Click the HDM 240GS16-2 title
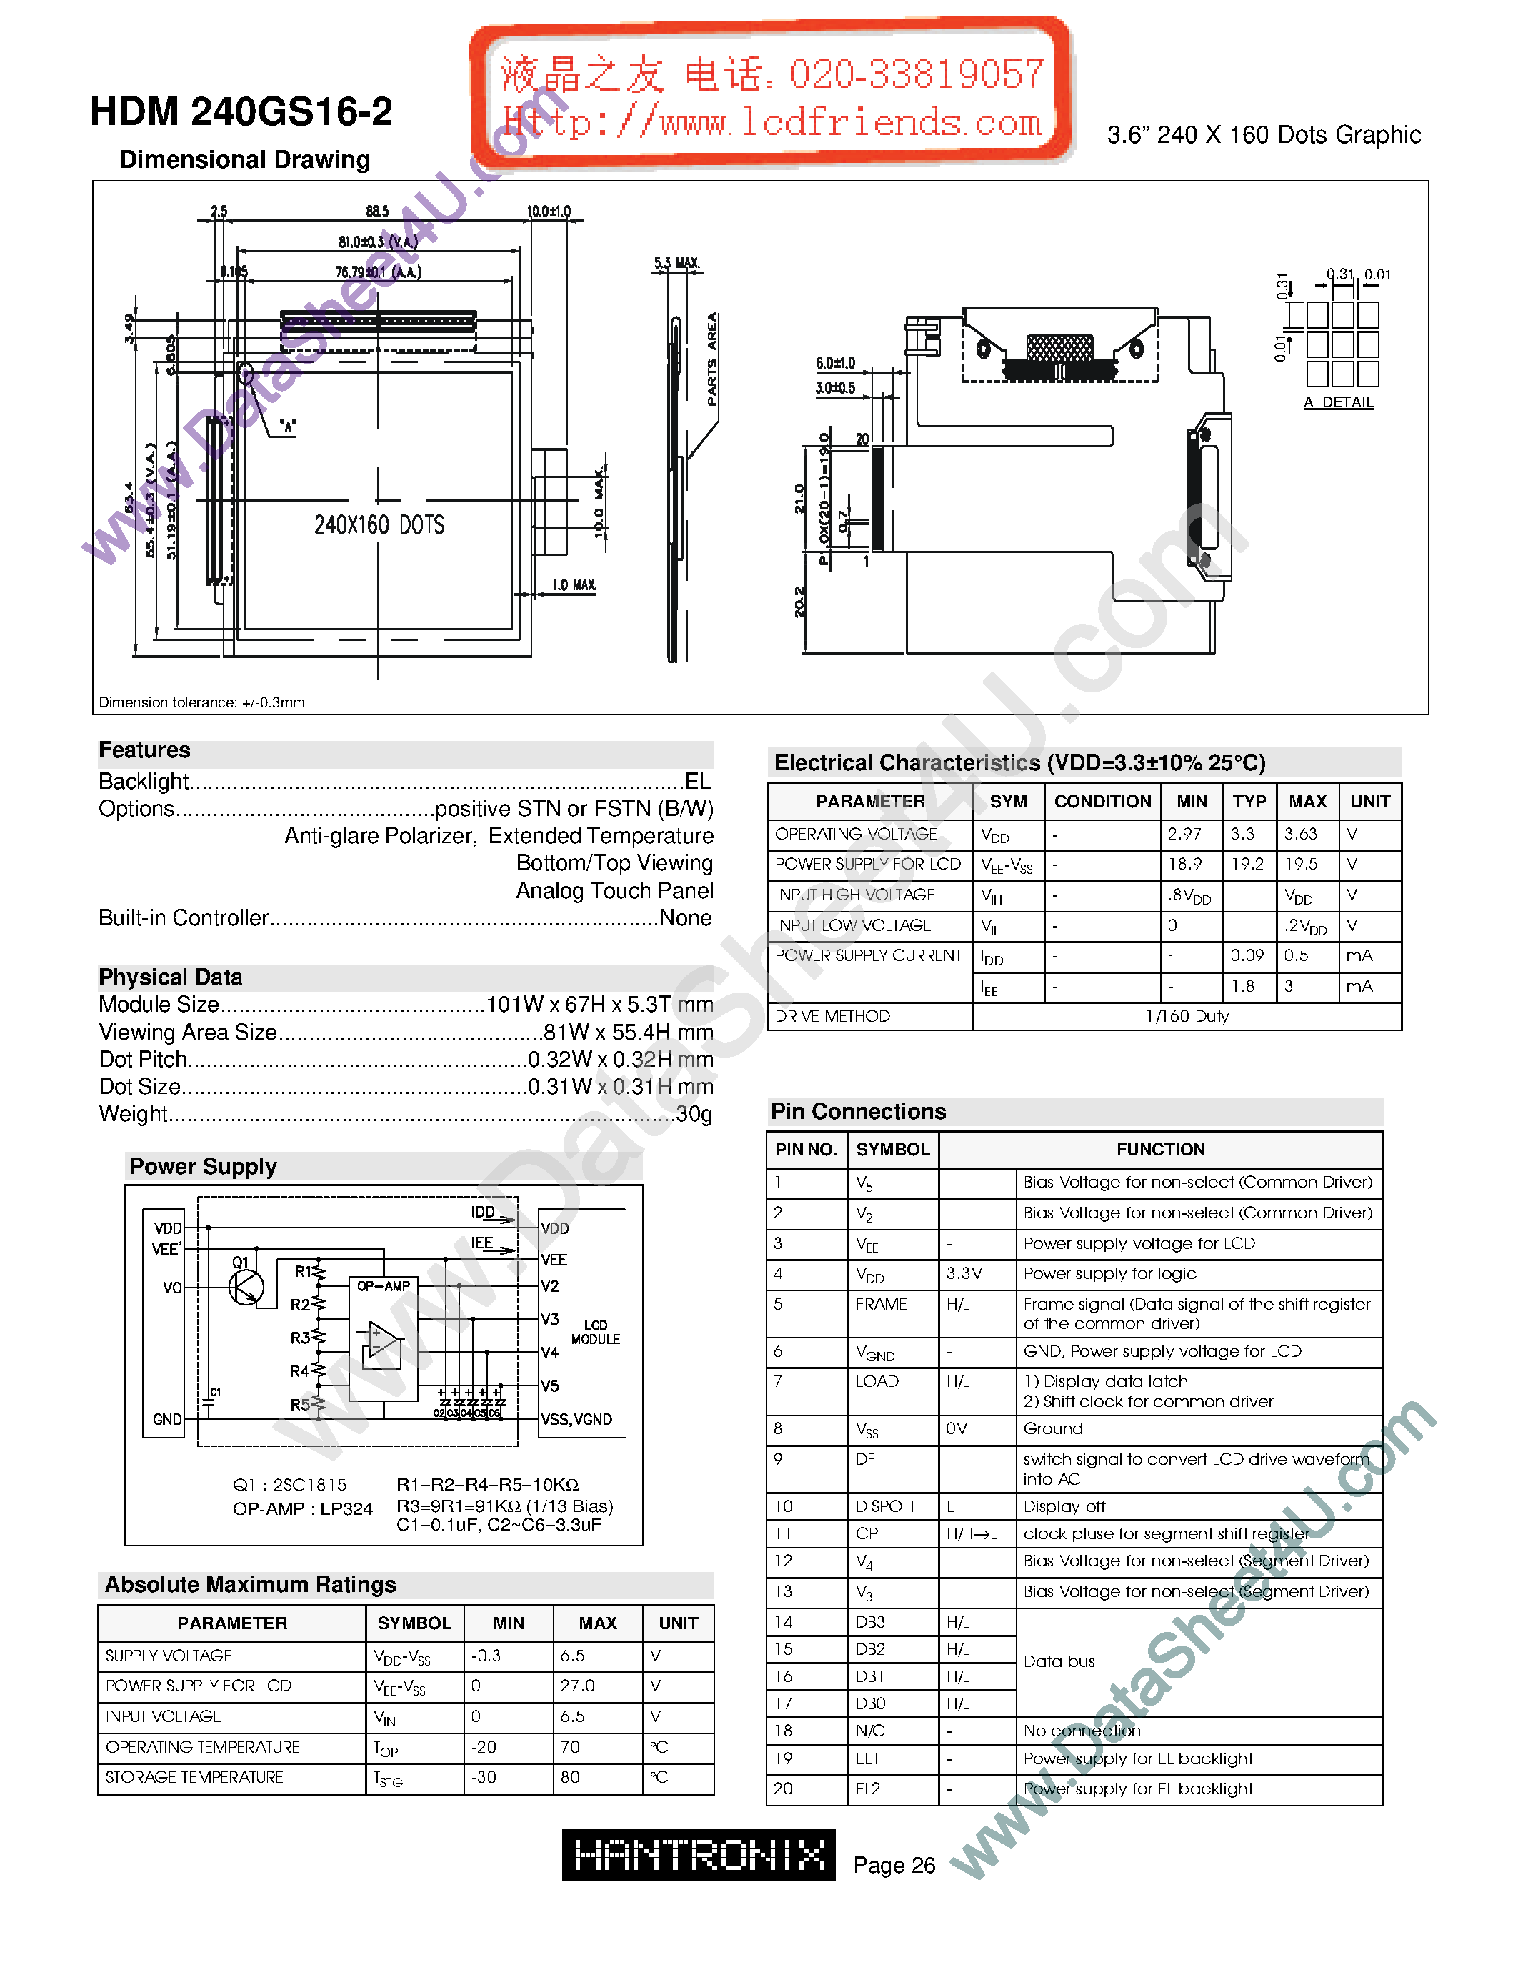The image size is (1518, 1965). (241, 112)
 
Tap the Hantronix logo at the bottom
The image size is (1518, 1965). (698, 1854)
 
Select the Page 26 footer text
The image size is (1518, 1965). (894, 1865)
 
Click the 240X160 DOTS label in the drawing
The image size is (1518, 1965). (379, 525)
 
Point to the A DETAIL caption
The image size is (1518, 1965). (1338, 402)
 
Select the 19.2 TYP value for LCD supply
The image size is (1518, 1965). (1247, 865)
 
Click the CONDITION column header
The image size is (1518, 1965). (1102, 802)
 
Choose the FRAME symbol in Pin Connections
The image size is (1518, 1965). (882, 1305)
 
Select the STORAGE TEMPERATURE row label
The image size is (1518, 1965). (194, 1778)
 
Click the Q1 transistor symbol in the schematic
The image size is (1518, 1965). (246, 1287)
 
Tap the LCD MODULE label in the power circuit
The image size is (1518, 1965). (595, 1333)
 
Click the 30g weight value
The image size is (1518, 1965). (694, 1114)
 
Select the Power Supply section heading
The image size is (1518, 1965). (204, 1167)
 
